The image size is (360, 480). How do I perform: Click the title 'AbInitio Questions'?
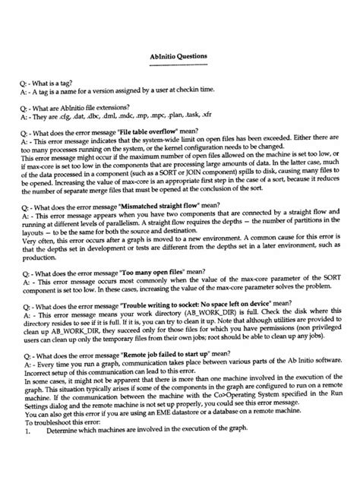pos(179,56)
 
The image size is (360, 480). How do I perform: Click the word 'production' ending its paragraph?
pos(40,258)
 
